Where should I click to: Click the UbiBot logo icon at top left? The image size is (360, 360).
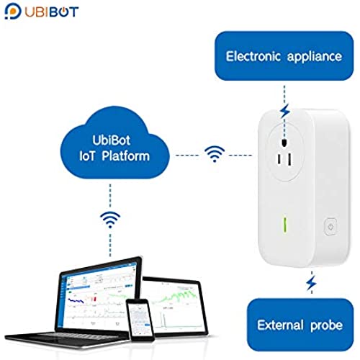tap(13, 12)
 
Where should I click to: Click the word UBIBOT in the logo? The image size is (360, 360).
tap(52, 12)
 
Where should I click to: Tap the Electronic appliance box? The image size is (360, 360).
tap(284, 55)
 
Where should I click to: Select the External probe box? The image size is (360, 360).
tap(300, 325)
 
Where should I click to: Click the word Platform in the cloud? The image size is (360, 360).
tap(125, 156)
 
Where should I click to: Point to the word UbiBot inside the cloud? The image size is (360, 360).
tap(112, 140)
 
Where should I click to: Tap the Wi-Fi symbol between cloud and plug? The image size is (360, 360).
tap(215, 154)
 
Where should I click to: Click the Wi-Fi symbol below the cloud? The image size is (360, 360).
tap(110, 220)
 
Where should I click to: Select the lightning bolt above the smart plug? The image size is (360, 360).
tap(285, 110)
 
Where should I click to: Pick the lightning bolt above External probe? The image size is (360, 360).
tap(312, 283)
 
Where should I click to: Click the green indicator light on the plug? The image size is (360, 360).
tap(285, 225)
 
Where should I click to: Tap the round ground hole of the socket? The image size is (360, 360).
tap(284, 143)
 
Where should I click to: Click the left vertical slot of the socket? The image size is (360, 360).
tap(279, 160)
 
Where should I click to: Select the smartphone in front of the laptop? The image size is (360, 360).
tap(140, 320)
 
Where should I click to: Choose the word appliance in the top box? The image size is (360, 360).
tap(315, 57)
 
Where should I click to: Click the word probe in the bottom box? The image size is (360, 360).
tap(326, 326)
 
